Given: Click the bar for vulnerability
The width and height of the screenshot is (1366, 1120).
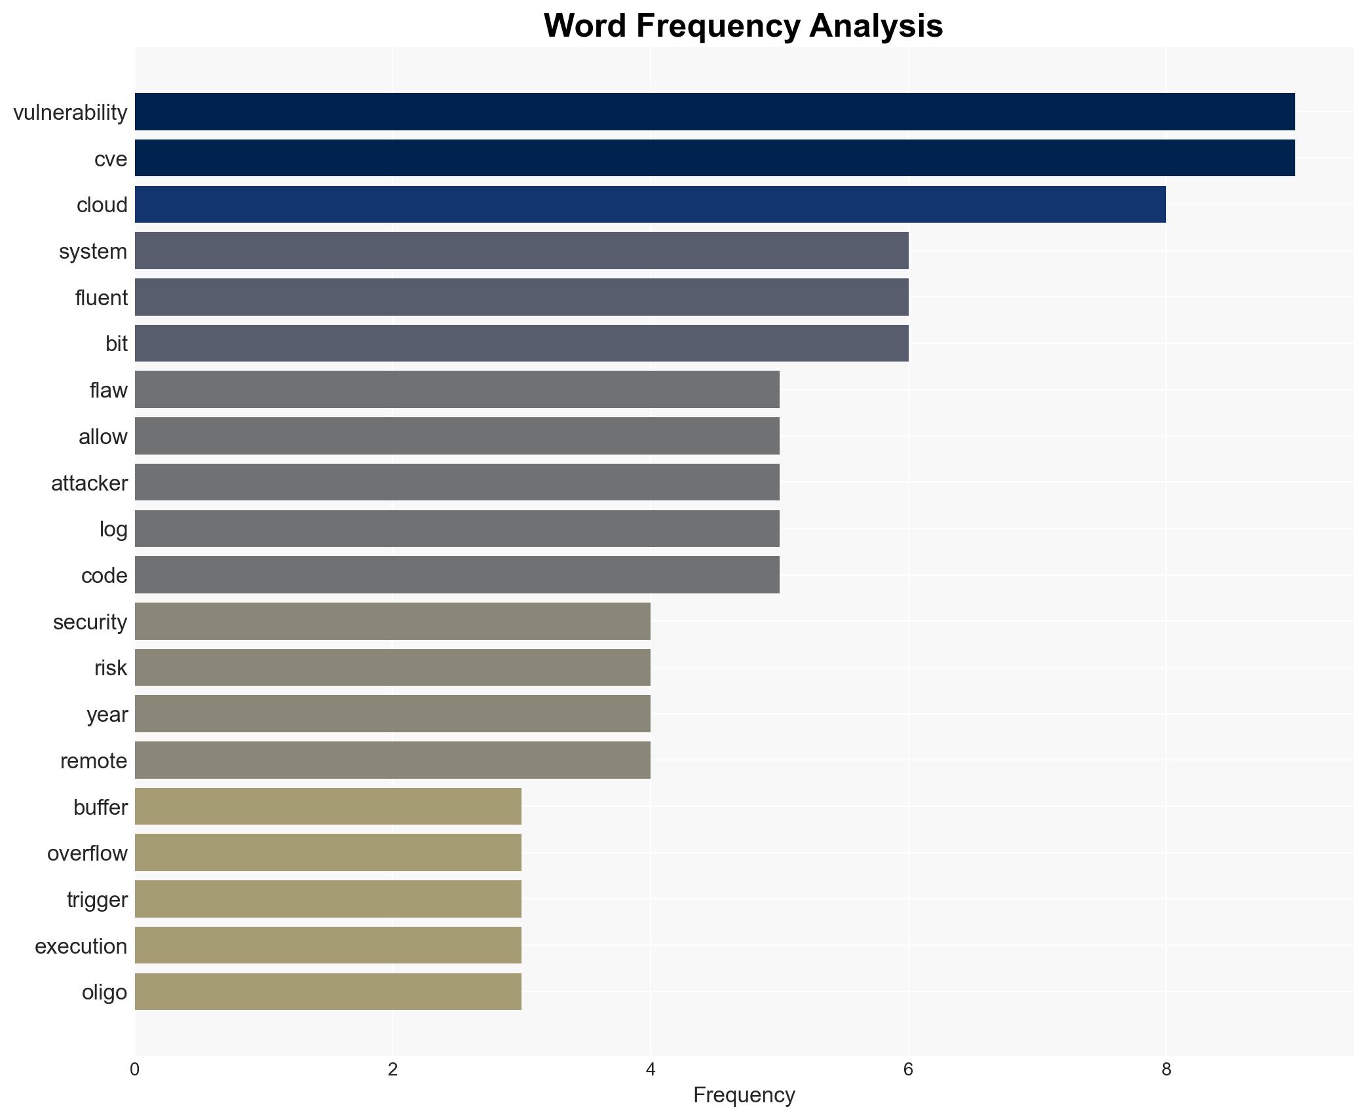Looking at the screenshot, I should click(714, 112).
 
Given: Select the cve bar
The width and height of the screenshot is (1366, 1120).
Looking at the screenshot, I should click(714, 158).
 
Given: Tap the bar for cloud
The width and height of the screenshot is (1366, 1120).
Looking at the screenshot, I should click(650, 204).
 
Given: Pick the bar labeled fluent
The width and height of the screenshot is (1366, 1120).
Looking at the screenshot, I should click(522, 297).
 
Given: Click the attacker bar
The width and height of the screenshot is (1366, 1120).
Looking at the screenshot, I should click(457, 482).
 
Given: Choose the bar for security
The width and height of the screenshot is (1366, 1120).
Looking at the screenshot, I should click(392, 621).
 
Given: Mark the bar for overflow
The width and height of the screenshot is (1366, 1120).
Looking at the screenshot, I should click(328, 853).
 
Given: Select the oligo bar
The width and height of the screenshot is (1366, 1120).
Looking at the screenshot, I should click(328, 992).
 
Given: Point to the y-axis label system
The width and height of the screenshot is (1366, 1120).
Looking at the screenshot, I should click(93, 252).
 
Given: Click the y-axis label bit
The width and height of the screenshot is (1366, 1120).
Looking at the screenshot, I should click(116, 344).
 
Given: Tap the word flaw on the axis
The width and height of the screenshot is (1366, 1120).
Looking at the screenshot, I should click(108, 390).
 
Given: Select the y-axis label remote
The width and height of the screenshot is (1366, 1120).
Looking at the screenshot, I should click(94, 761).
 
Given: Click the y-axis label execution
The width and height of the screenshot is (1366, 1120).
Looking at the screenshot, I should click(81, 946).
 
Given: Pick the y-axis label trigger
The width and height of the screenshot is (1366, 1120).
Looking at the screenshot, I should click(97, 900).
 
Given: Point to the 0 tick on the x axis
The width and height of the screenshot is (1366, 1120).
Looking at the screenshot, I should click(135, 1070).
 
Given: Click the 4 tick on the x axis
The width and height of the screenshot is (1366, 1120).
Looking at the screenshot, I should click(651, 1070).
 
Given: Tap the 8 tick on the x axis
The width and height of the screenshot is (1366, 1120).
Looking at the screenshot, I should click(1166, 1070).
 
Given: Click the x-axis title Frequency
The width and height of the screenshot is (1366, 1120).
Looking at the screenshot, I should click(744, 1095).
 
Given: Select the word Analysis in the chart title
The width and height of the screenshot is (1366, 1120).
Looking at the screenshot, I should click(875, 26).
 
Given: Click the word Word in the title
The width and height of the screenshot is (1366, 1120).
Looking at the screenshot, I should click(584, 26).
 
